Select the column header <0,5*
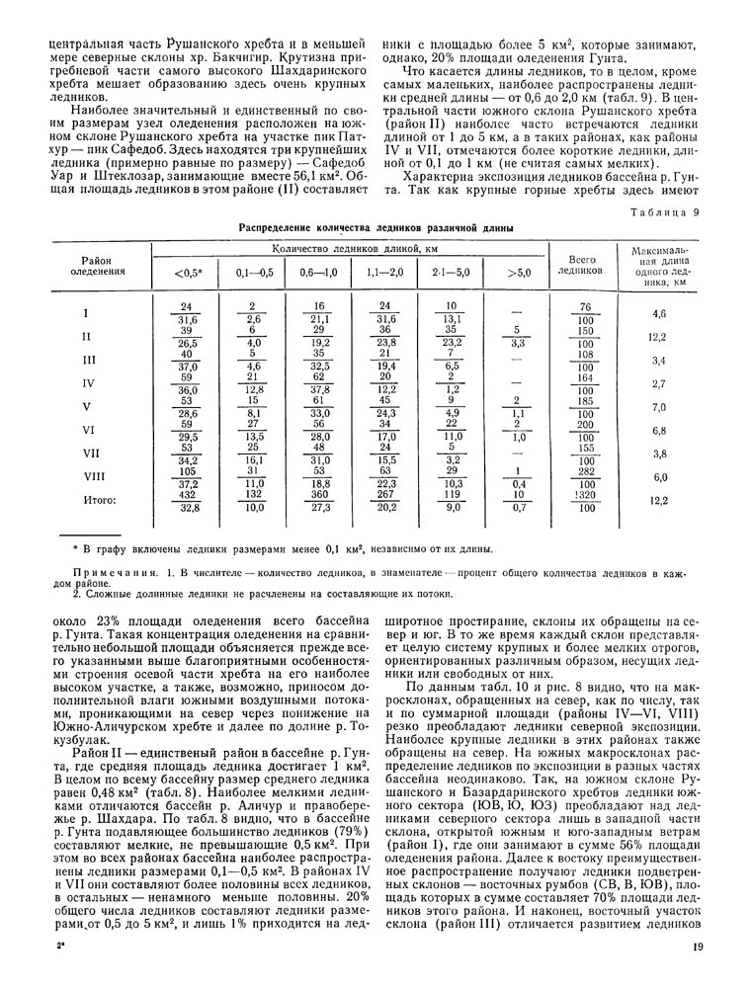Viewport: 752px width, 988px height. [x=188, y=273]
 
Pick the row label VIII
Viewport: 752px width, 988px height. [x=88, y=476]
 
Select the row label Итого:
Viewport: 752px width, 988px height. [x=100, y=501]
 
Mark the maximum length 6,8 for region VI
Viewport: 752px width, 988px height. [x=660, y=431]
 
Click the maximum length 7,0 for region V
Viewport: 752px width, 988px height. [x=660, y=407]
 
